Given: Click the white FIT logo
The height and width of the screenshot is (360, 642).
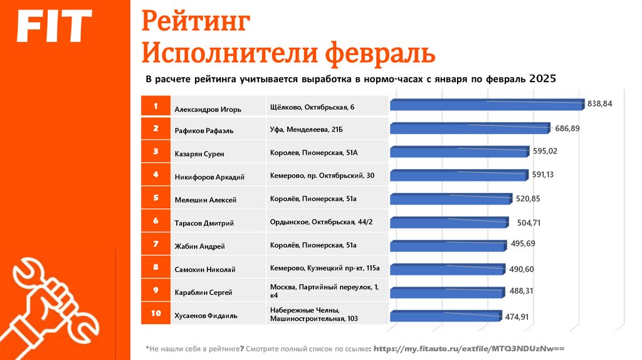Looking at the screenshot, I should click(x=53, y=27).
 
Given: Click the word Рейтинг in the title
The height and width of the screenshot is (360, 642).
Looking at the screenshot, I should click(x=196, y=23).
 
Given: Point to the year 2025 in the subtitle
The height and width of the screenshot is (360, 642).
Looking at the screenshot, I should click(x=542, y=80).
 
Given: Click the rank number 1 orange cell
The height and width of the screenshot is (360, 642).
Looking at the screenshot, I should click(x=155, y=107).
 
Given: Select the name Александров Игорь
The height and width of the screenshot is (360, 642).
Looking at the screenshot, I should click(x=207, y=109).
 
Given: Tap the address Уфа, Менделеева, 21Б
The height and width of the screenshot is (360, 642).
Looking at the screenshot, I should click(x=307, y=130).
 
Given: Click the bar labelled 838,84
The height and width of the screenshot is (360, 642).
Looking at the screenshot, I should click(x=486, y=103).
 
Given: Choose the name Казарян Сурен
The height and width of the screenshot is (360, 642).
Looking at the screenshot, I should click(x=199, y=153).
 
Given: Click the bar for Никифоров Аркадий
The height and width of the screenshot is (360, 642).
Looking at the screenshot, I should click(x=458, y=176).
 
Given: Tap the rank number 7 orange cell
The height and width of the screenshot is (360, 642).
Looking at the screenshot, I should click(x=155, y=243).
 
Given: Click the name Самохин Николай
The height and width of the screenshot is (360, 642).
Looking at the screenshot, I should click(x=204, y=270).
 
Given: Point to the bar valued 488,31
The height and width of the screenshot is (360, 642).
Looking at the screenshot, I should click(x=446, y=292).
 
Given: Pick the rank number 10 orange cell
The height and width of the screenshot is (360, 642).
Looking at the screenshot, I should click(x=155, y=313).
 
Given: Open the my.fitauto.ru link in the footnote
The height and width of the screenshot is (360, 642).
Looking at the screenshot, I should click(x=469, y=347).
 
